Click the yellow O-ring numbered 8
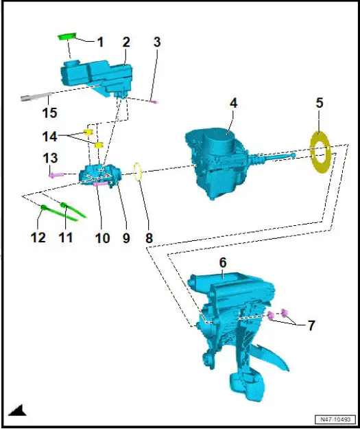pos(138,171)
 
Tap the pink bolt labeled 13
pos(55,175)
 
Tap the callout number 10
pos(102,238)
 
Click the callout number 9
pos(125,238)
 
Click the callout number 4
pos(233,104)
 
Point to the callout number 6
pos(223,263)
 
